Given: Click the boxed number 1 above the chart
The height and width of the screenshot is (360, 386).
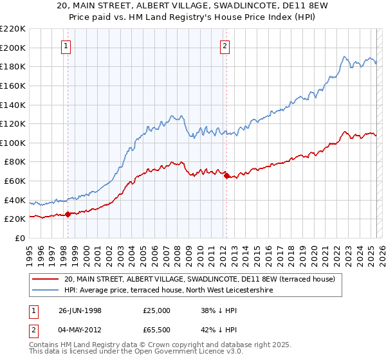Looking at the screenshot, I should click(67, 46).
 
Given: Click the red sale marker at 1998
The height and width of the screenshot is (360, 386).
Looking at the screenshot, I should click(68, 214).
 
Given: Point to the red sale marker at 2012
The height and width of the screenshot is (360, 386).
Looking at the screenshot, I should click(226, 175).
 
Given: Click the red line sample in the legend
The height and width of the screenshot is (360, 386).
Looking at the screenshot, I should click(45, 280).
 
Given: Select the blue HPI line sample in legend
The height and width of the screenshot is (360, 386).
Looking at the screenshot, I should click(45, 291).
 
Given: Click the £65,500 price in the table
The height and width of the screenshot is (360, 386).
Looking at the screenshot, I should click(157, 332).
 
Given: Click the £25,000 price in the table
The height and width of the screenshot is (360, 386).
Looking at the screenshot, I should click(157, 310).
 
